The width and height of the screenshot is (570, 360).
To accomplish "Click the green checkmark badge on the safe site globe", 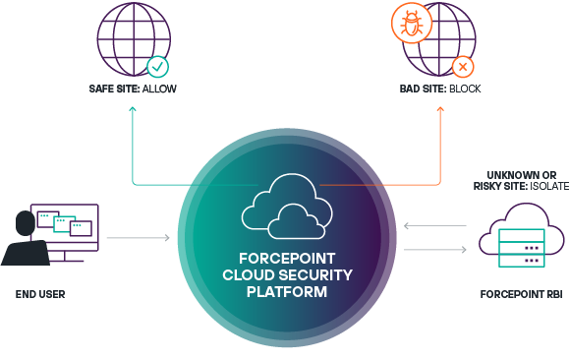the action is tap(158, 67).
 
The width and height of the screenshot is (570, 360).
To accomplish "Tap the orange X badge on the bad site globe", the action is tap(463, 67).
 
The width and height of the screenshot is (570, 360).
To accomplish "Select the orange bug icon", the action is tap(412, 24).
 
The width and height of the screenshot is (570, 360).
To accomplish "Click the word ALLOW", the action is tap(159, 89).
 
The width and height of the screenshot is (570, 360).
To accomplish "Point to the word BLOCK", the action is tap(465, 89).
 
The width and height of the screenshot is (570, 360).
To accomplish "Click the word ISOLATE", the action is tap(549, 186).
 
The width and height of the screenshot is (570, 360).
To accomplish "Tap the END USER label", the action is tap(40, 294).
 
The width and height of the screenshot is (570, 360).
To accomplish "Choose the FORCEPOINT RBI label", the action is tap(521, 294).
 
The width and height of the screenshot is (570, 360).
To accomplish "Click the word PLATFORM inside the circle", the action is tap(287, 292).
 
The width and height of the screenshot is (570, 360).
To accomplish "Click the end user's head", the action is tap(26, 223).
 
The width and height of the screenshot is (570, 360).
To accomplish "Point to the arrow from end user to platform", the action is tap(139, 238).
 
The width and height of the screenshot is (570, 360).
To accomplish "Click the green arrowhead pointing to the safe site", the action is tap(133, 109).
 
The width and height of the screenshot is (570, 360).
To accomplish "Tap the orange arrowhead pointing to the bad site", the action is tap(440, 109).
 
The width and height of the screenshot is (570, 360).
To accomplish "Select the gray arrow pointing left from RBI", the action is tap(435, 226).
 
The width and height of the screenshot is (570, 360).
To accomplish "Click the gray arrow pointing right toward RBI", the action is tap(435, 249).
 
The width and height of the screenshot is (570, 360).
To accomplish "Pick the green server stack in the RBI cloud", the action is tap(522, 248).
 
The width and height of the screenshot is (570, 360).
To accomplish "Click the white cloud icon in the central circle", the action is tap(287, 207).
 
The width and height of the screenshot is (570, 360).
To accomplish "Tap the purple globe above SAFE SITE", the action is tap(134, 39).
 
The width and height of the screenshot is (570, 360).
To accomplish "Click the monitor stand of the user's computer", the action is tap(65, 257).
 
